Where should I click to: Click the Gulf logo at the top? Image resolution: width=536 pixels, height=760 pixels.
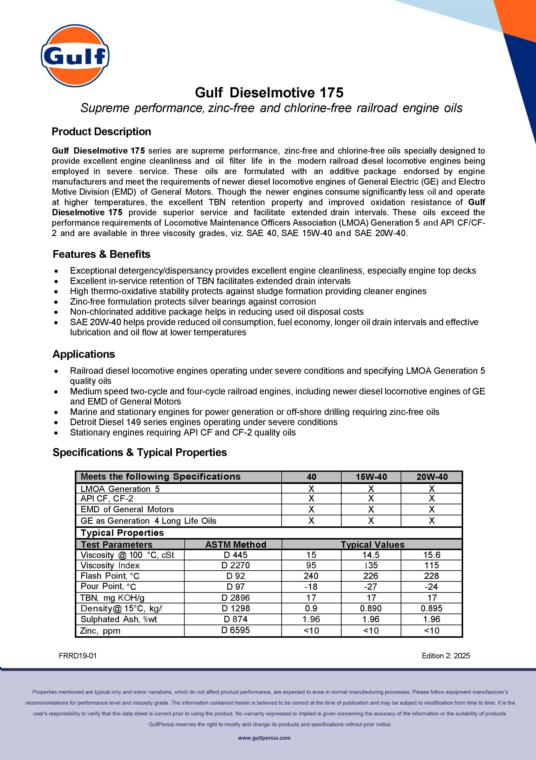point(75,56)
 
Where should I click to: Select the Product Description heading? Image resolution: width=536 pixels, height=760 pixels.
point(101,132)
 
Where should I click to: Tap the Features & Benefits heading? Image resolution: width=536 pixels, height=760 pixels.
point(101,254)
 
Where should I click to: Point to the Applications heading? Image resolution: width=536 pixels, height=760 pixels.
point(84,354)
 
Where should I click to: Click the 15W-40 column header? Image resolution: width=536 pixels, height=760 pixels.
point(371,477)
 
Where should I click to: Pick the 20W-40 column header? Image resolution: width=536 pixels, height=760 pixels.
point(432,477)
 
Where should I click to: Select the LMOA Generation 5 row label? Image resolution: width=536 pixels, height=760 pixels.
point(120,489)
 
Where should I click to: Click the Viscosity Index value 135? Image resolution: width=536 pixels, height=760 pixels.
point(371,565)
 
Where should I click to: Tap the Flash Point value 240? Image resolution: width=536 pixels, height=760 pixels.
point(311,576)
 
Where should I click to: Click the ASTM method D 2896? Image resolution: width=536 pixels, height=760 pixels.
point(236,598)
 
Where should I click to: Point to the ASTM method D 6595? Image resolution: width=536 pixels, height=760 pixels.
point(236,630)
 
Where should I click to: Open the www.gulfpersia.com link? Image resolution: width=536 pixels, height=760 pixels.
point(264,738)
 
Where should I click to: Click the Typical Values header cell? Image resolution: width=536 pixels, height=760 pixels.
point(373,545)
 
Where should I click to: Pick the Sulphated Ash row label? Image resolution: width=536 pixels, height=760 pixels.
point(118,619)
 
